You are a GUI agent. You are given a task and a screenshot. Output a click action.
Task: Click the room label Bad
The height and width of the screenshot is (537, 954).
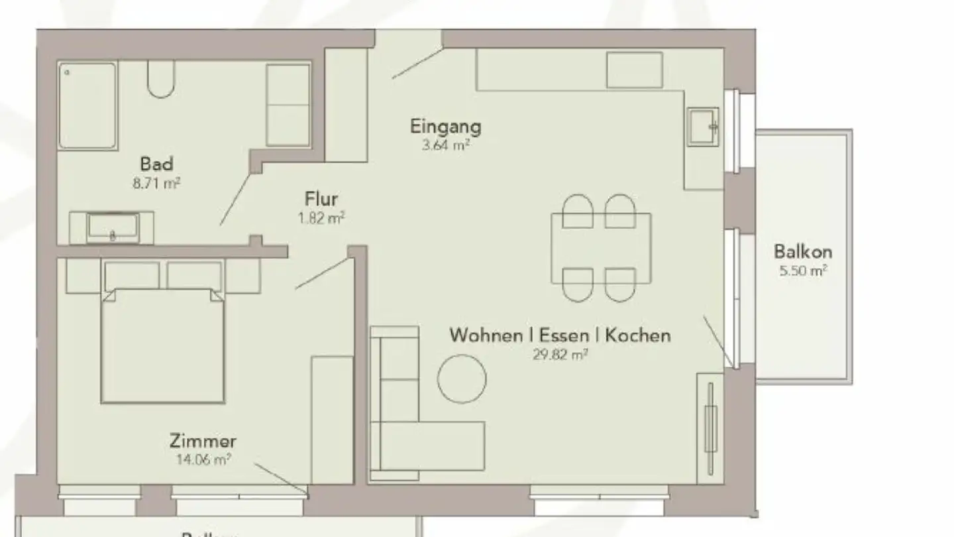(156, 163)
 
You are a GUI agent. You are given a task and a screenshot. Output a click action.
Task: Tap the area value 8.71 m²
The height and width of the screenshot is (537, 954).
(156, 183)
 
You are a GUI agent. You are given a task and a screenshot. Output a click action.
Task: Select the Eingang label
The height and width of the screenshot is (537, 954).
(445, 126)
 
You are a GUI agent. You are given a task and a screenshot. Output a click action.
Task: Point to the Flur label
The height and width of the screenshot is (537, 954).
(321, 199)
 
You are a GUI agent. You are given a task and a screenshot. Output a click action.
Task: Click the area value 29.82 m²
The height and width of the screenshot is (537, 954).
(560, 354)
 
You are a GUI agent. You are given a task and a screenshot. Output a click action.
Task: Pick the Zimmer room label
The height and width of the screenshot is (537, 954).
(203, 441)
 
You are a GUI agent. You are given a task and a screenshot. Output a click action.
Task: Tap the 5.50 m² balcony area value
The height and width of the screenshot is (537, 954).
(803, 270)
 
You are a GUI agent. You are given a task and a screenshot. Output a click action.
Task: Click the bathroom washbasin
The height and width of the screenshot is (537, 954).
(113, 227)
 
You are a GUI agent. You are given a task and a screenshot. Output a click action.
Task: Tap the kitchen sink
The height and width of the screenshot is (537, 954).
(703, 126)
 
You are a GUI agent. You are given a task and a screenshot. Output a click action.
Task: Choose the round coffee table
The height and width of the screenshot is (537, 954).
(462, 379)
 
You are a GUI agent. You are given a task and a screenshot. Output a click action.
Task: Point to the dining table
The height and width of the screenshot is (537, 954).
(602, 248)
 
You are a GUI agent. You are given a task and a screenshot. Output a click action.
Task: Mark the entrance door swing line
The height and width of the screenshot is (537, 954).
(416, 63)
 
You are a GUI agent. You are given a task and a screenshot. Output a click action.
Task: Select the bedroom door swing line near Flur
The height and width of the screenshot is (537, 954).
(322, 273)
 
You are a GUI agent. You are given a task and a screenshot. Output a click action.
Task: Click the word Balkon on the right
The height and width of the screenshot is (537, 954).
(803, 252)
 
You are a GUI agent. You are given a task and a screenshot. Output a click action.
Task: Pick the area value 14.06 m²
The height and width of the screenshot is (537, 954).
(203, 459)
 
